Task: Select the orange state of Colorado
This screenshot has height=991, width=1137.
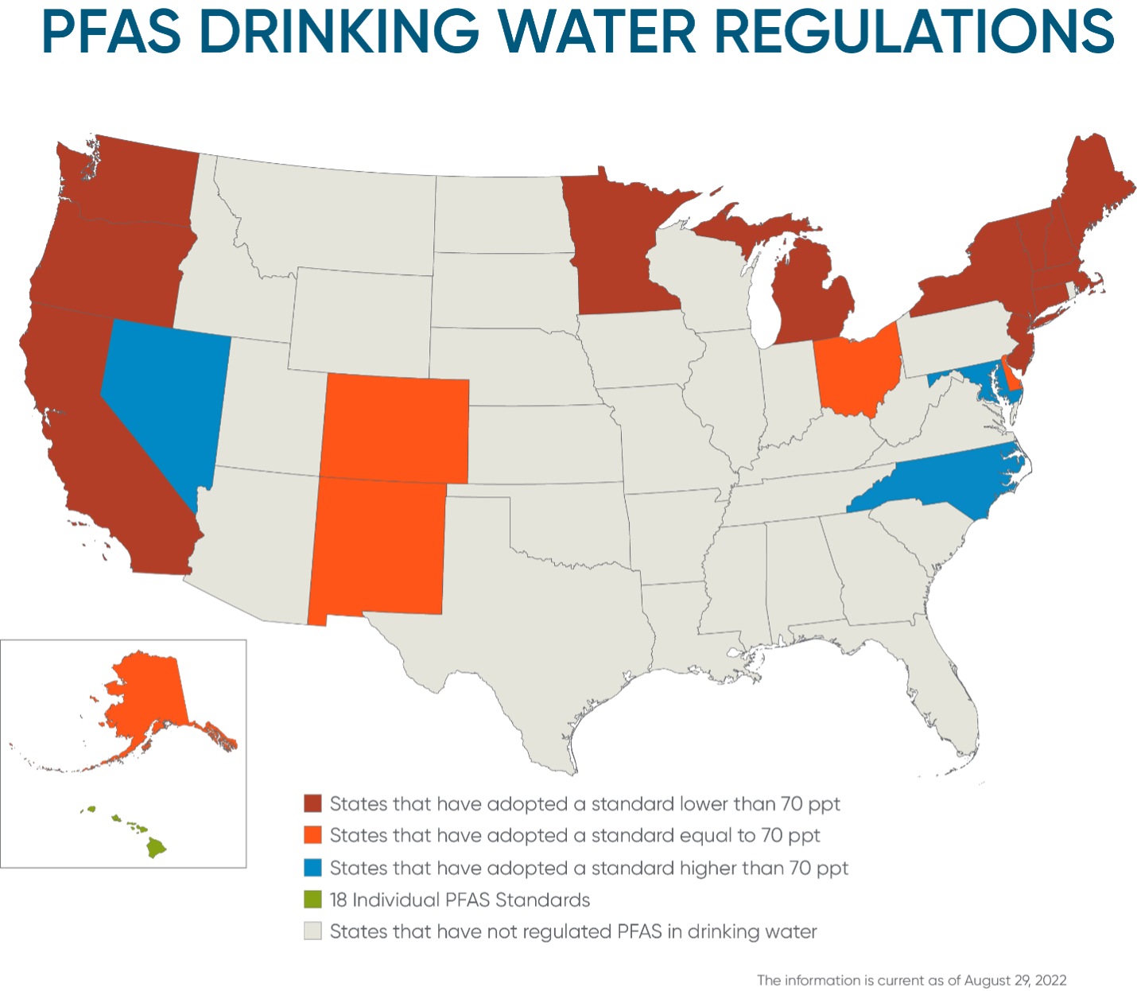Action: click(395, 429)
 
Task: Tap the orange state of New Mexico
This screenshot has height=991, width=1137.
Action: click(378, 549)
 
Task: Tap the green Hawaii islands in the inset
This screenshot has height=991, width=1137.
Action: click(155, 848)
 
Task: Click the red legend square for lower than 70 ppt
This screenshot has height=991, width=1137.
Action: click(313, 803)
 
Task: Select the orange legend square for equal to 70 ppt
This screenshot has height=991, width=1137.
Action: click(313, 835)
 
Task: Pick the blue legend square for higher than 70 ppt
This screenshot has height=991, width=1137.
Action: click(313, 867)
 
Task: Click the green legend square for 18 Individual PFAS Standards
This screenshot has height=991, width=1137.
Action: click(313, 900)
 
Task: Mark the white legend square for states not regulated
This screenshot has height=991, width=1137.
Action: click(313, 931)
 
